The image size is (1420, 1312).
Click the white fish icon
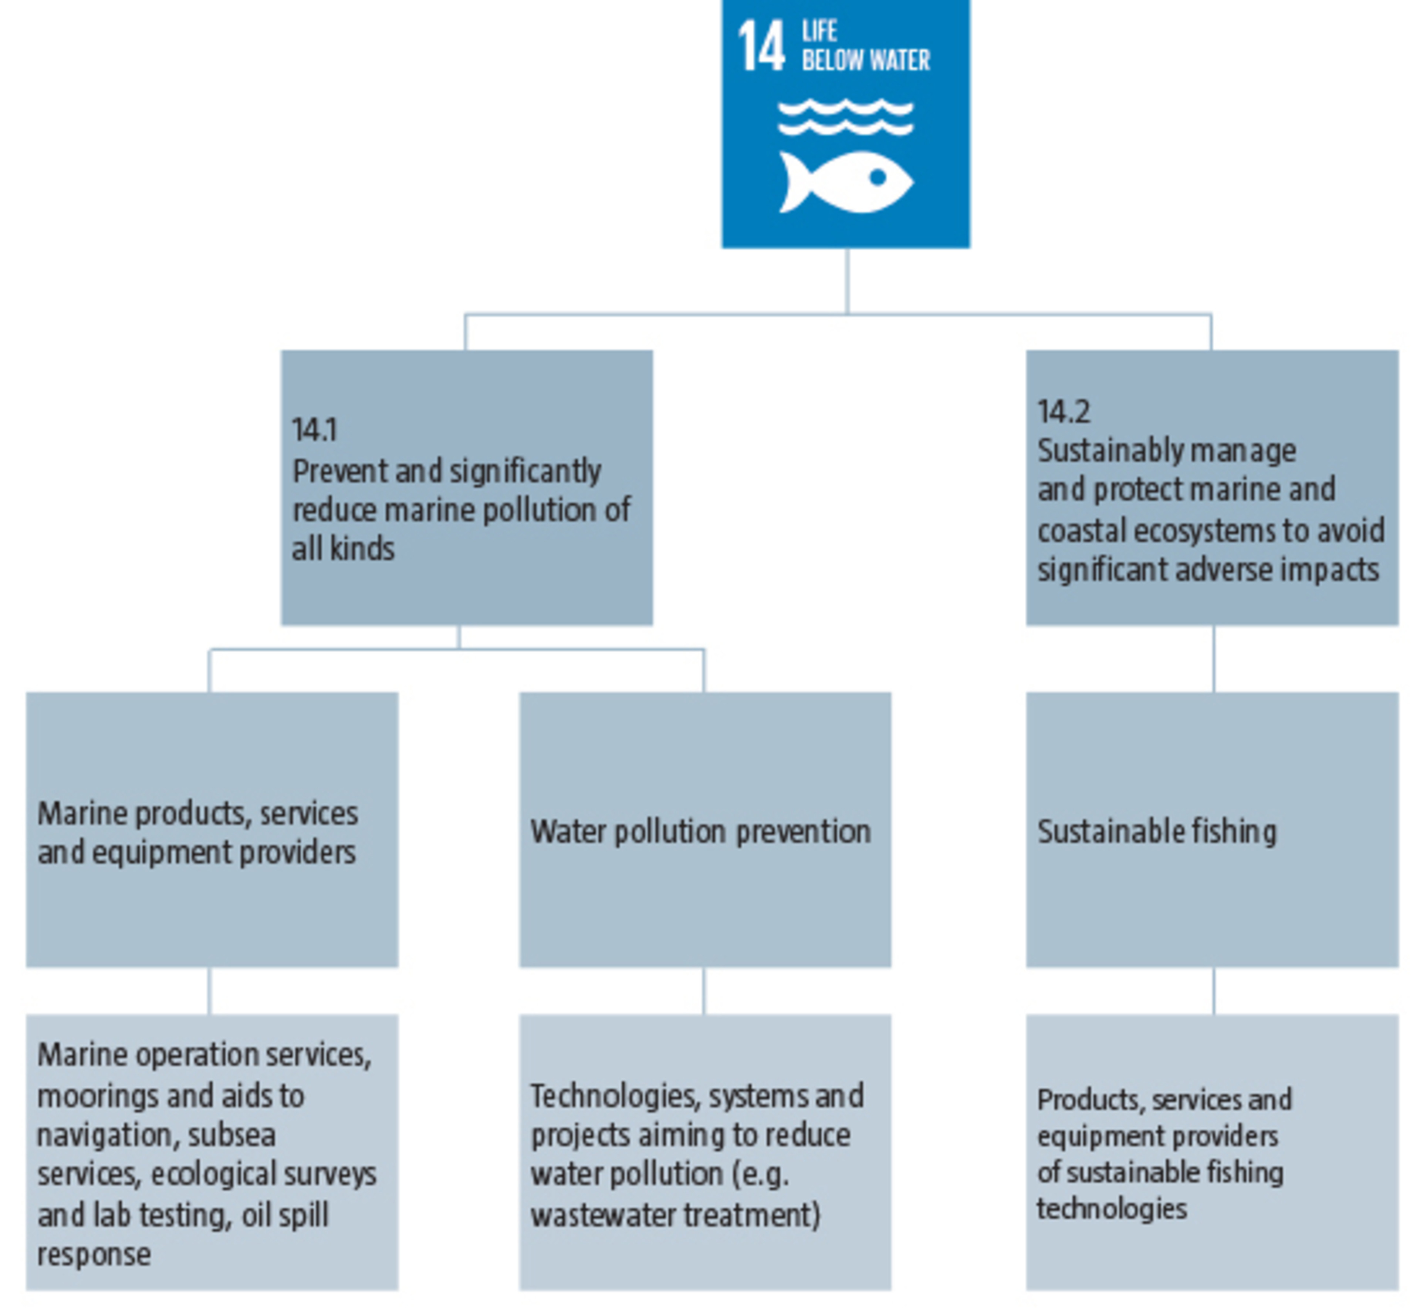846,182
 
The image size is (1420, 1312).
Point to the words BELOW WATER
866,60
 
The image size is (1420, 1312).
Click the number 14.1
314,430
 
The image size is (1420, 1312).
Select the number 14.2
1063,411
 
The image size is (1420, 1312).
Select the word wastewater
602,1215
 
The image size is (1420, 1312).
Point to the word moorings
99,1096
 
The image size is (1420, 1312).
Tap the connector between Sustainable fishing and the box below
1214,991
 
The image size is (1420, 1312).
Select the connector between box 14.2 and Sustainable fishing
1214,659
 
